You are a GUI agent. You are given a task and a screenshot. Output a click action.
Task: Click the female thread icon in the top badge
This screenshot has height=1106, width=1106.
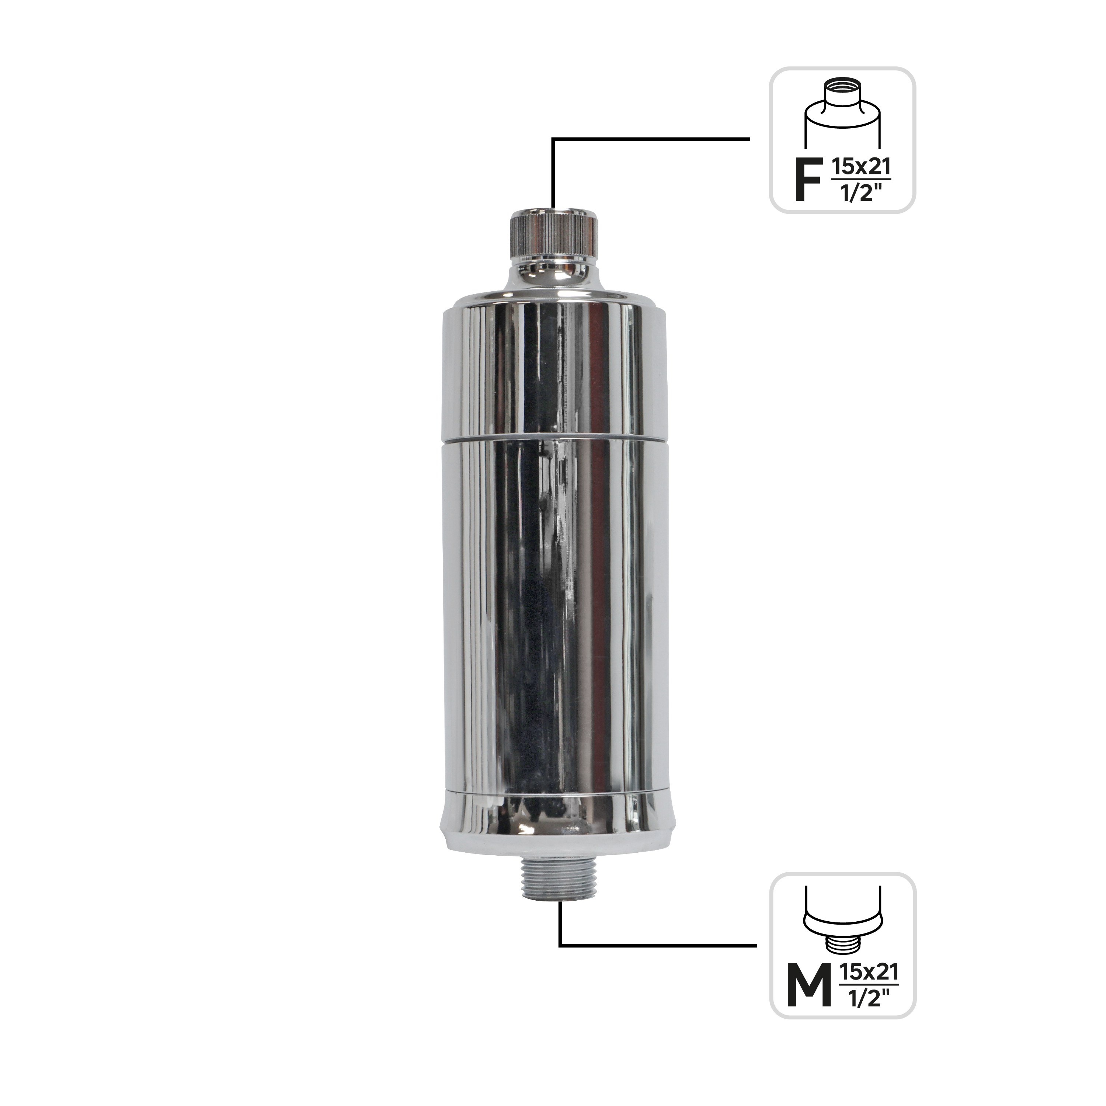pyautogui.click(x=843, y=115)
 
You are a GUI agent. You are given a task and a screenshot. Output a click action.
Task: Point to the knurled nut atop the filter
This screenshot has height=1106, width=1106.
pyautogui.click(x=554, y=235)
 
